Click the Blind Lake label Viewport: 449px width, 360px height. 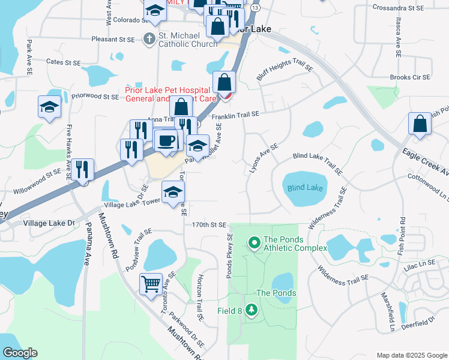coord(305,188)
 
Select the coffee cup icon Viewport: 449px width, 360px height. coord(166,141)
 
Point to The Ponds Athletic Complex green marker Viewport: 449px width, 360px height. coord(254,243)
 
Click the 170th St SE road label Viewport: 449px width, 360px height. coord(209,225)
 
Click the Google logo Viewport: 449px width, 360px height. coord(20,353)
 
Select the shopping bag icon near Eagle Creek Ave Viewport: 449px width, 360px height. coord(420,124)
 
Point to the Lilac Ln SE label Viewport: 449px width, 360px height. coord(419,263)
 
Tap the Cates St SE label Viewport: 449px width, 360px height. coord(63,62)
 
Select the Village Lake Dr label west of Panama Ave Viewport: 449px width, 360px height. coord(48,223)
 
